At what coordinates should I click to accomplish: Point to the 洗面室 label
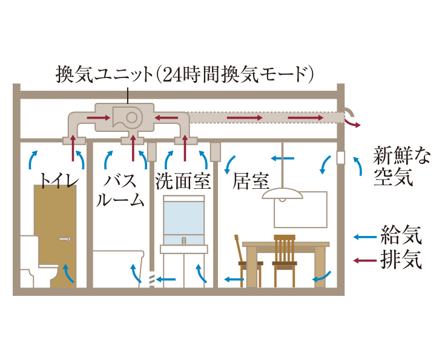[x=183, y=181]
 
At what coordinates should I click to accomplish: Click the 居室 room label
[x=251, y=181]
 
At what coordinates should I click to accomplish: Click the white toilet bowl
[x=36, y=266]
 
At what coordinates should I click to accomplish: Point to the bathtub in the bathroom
[x=118, y=266]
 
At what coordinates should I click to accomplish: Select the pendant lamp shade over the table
[x=283, y=194]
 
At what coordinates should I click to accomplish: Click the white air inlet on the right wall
[x=340, y=157]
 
